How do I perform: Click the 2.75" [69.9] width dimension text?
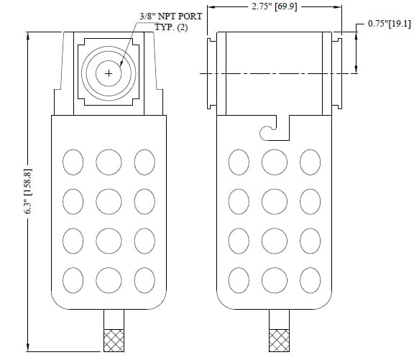[275, 6]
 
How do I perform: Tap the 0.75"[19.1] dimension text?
[390, 24]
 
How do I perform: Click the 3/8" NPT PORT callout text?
[171, 17]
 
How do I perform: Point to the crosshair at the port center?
[109, 73]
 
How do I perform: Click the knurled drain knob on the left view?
[114, 341]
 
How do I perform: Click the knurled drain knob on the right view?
[279, 341]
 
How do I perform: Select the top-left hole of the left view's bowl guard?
[73, 162]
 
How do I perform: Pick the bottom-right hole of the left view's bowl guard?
[144, 280]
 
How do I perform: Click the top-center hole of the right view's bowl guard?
[275, 162]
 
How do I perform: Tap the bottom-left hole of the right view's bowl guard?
[239, 280]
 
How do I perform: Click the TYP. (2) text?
[171, 27]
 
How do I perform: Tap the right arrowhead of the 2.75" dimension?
[337, 6]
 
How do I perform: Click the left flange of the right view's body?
[212, 73]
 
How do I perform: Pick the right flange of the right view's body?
[337, 73]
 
